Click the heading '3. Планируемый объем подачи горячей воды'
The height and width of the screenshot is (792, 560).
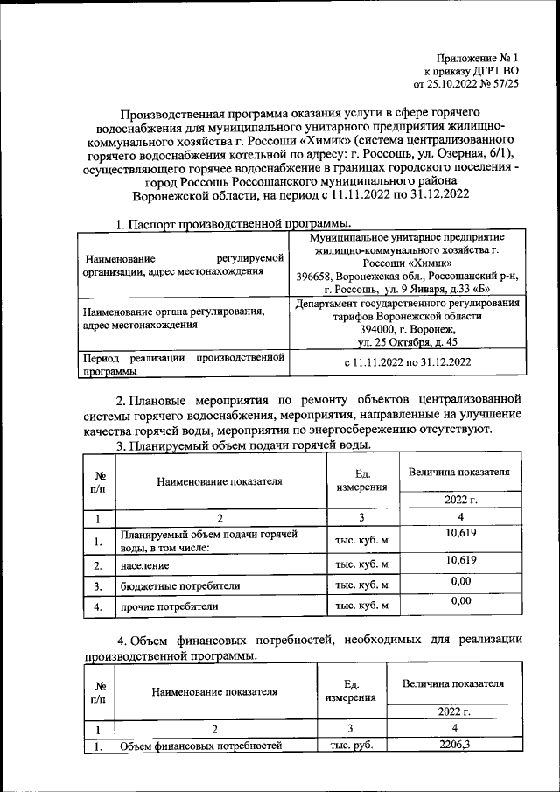[x=239, y=445]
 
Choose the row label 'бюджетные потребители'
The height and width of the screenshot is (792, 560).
[x=180, y=585]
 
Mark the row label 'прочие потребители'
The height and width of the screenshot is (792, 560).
[x=170, y=606]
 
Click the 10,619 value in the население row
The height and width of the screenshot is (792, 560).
[x=460, y=560]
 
